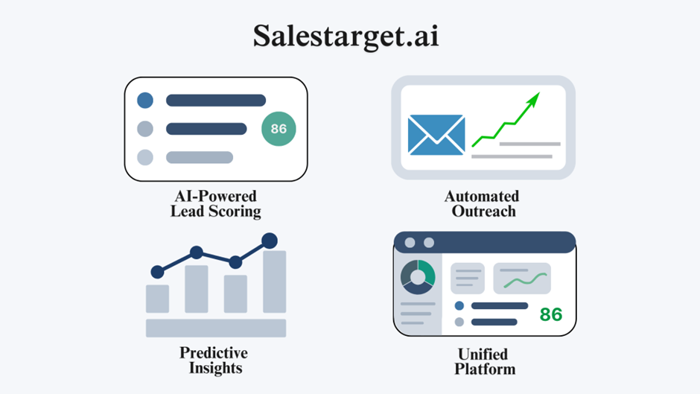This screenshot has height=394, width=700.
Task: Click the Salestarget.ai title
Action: click(346, 36)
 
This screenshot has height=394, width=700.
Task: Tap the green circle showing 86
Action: click(279, 129)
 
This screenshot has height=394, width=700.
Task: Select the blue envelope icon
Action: click(436, 135)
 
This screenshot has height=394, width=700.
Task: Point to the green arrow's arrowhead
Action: click(533, 99)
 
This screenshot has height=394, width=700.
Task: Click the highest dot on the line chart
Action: click(269, 241)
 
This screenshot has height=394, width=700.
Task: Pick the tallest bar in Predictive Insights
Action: click(275, 282)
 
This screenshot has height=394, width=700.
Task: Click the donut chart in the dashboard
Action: click(418, 277)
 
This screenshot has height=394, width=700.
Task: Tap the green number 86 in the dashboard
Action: click(551, 314)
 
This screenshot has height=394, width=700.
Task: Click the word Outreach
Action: click(483, 212)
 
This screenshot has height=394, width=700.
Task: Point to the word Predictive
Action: click(214, 353)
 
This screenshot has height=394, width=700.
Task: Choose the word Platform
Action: click(485, 369)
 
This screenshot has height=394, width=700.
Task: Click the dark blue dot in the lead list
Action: click(145, 100)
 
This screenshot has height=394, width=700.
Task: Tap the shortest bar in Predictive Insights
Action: click(157, 299)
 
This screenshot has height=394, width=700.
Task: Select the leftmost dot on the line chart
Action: click(157, 272)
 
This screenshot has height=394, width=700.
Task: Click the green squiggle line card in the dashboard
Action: click(522, 279)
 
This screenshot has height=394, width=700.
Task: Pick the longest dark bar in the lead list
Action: click(216, 100)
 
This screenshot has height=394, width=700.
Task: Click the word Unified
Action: click(483, 355)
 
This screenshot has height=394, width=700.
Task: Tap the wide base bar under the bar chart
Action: click(216, 328)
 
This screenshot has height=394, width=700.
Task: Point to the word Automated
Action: click(482, 197)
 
